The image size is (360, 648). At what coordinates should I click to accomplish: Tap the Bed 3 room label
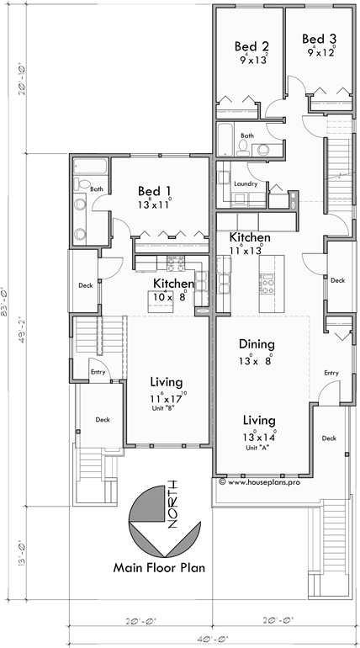pos(319,39)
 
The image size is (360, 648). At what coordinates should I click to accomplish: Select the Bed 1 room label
pos(156,191)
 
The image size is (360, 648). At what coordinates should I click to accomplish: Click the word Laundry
pos(246,183)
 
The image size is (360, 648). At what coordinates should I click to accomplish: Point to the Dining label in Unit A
pos(257,343)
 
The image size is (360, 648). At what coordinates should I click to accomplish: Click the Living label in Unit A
pos(260,419)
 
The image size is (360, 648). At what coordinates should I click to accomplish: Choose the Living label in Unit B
pos(167,380)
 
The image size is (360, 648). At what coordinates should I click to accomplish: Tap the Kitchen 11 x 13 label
pos(251,238)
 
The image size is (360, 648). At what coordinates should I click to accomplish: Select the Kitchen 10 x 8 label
pos(173,284)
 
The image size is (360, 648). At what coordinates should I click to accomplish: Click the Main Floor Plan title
pos(160,567)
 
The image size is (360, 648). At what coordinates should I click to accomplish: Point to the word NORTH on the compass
pos(172,502)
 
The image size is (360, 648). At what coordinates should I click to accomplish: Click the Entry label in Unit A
pos(331,373)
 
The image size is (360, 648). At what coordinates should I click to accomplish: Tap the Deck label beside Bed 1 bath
pos(86,285)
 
